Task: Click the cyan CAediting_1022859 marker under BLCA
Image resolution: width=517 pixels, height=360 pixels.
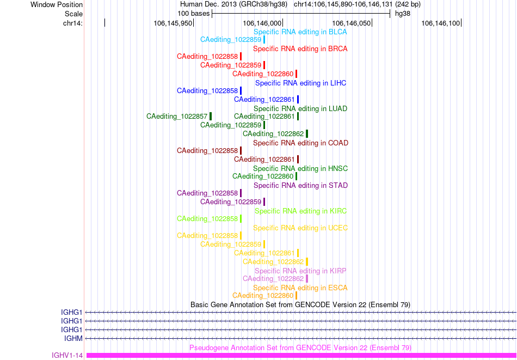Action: click(x=264, y=40)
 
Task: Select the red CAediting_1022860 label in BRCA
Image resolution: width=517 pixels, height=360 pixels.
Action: click(x=263, y=74)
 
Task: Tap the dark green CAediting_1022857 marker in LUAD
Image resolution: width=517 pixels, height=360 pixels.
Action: click(x=211, y=116)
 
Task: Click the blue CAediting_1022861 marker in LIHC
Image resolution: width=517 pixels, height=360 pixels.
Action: click(x=298, y=99)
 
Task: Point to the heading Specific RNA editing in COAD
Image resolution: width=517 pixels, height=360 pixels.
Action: click(x=301, y=143)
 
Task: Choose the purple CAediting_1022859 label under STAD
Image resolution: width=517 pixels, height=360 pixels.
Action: click(x=231, y=202)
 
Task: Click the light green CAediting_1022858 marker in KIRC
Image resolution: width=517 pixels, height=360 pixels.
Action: click(x=241, y=218)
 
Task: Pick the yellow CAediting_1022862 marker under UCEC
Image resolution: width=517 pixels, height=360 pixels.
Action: click(x=307, y=261)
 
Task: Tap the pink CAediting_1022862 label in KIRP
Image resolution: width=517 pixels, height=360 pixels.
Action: click(x=273, y=278)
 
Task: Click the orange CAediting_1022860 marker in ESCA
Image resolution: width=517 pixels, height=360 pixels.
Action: click(x=297, y=295)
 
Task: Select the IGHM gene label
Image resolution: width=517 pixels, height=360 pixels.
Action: click(x=73, y=338)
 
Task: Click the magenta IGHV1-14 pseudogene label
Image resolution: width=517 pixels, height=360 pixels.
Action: click(x=67, y=356)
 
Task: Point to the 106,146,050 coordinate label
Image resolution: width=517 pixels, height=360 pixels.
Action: click(x=350, y=23)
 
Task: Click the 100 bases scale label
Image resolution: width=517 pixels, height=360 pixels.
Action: click(x=194, y=14)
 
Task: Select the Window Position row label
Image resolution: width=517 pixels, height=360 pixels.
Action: click(x=57, y=5)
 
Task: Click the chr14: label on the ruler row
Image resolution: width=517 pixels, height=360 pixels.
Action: click(x=72, y=23)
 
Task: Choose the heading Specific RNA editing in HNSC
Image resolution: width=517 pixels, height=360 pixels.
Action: click(x=300, y=169)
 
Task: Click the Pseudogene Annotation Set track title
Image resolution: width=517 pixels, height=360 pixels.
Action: click(x=300, y=348)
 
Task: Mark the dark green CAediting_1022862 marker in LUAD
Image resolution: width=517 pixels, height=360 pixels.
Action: click(x=307, y=133)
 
